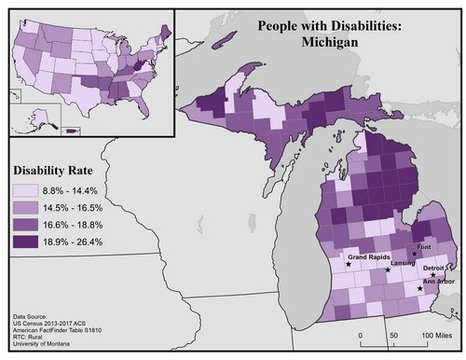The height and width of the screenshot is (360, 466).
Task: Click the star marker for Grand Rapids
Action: pyautogui.click(x=349, y=264)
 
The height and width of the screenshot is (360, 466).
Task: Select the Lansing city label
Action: pyautogui.click(x=403, y=265)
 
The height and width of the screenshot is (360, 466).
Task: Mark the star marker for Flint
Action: pyautogui.click(x=414, y=254)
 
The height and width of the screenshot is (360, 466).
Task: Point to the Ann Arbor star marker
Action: pyautogui.click(x=419, y=288)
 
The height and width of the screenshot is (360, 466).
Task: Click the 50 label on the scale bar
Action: pyautogui.click(x=392, y=333)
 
